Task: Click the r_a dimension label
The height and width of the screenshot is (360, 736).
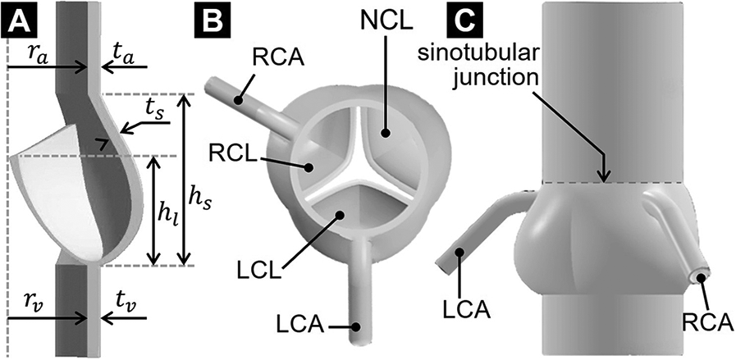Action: pos(34,54)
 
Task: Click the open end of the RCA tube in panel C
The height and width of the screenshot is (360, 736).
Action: pos(704,279)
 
